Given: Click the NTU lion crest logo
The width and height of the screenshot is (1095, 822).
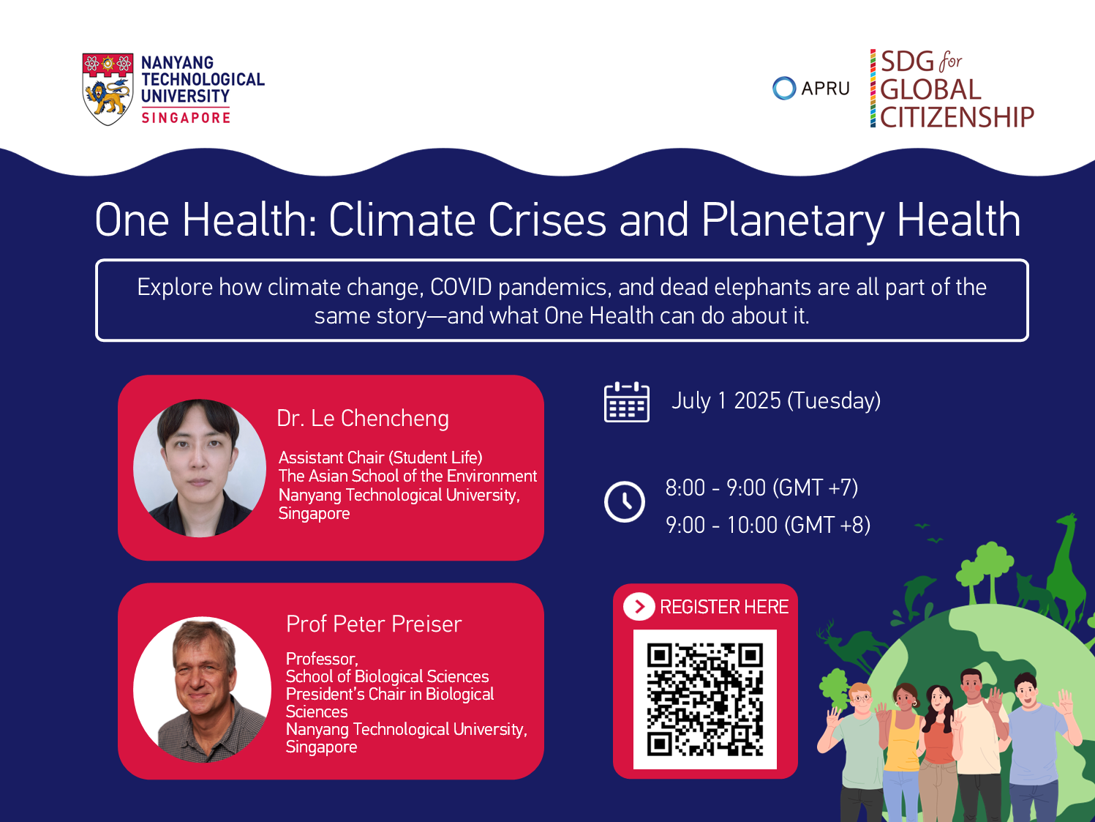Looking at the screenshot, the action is [x=108, y=89].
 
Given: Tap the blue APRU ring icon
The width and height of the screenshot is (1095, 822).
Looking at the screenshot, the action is [x=784, y=89].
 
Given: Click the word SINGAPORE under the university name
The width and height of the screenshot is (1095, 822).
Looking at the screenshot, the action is [x=186, y=118].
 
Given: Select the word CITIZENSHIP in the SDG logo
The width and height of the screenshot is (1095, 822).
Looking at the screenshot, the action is [x=957, y=117].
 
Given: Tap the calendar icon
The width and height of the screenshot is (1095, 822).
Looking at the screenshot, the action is [x=627, y=402].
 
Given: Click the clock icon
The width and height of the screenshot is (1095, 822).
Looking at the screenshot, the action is [x=625, y=502].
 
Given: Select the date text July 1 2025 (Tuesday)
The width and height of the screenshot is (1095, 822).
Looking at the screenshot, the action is [x=776, y=401].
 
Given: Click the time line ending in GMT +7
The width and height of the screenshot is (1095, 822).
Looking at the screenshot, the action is [x=761, y=487].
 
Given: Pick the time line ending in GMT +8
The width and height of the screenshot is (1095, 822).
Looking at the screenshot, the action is [x=768, y=525].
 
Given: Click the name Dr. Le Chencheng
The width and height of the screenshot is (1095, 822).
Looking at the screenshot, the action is [x=363, y=418].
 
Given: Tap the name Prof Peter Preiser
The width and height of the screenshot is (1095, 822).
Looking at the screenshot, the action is [x=374, y=624].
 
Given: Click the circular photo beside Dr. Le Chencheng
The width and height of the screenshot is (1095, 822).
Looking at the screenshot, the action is [x=200, y=468].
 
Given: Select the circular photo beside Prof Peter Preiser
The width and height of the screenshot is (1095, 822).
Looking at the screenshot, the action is [x=202, y=690].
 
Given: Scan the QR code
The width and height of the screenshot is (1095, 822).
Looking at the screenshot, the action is [x=705, y=699].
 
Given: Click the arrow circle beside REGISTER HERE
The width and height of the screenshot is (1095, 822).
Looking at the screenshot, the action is [x=639, y=607].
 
